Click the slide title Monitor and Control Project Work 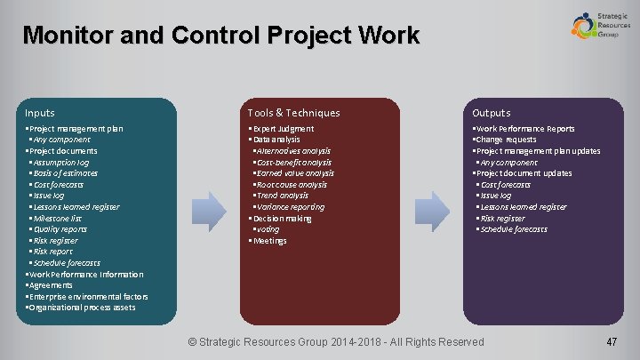(220, 36)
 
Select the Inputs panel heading (40, 113)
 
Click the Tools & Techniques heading (293, 113)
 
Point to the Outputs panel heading (492, 113)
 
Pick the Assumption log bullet (60, 163)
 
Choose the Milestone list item (57, 218)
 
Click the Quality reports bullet (60, 229)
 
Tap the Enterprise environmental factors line (88, 296)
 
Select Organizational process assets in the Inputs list (82, 307)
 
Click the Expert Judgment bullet (284, 129)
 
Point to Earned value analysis (294, 173)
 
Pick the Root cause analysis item (291, 185)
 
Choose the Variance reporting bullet (290, 207)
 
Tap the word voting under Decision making (268, 229)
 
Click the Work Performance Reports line (525, 129)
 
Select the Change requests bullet (506, 140)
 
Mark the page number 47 (612, 342)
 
